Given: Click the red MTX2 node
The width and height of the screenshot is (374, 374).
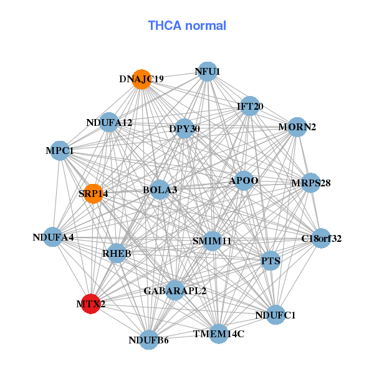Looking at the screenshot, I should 91,304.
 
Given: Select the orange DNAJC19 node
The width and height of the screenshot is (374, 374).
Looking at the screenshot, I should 142,79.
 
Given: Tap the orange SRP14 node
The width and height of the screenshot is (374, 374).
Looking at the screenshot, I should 93,194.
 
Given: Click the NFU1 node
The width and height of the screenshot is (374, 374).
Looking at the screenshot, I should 208,72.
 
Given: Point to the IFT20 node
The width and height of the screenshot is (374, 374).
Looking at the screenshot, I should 249,106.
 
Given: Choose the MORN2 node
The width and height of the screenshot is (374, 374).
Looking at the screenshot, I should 297,127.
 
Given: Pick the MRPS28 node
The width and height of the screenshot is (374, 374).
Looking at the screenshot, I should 310,183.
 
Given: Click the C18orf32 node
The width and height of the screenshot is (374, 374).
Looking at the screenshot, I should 321,238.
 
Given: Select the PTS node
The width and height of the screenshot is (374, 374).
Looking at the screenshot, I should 271,261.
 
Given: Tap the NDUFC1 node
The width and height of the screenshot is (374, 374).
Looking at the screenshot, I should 275,315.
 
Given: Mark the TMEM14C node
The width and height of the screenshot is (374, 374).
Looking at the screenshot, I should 218,334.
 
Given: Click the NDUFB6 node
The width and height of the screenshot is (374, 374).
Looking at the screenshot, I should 149,340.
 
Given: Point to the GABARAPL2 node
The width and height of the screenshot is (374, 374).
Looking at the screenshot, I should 175,290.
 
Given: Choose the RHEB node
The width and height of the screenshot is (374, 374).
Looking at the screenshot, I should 117,254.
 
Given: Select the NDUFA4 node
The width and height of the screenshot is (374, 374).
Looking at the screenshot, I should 54,237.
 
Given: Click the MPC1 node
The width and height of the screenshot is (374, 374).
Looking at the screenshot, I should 60,151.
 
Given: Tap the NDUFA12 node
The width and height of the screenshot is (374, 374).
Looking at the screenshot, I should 110,122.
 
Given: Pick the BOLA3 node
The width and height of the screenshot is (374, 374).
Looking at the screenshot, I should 160,189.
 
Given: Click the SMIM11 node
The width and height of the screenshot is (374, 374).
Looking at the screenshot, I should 212,241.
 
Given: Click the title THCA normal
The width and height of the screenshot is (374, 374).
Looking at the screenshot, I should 187,26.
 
